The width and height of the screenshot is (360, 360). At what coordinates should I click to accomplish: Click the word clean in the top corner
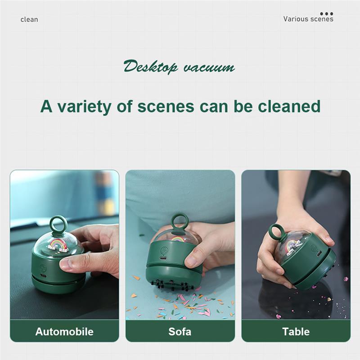coord(29,19)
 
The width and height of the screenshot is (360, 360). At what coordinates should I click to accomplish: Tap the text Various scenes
coord(308,19)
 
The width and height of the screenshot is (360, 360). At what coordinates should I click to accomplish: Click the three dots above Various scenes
coord(327,14)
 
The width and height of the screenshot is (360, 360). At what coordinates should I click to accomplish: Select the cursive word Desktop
coord(150,67)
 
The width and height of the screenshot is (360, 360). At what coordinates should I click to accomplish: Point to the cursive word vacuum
coord(209,67)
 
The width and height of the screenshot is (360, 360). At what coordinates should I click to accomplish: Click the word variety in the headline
coord(84,107)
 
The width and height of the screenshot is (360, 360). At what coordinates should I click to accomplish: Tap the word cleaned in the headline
coord(289,106)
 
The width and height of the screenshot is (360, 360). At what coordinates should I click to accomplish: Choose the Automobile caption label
coord(64,332)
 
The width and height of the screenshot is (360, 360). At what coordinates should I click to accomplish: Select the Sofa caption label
coord(180,332)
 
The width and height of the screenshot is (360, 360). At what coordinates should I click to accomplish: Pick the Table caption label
coord(296,332)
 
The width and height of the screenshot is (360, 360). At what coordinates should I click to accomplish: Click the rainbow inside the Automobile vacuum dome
coord(58,245)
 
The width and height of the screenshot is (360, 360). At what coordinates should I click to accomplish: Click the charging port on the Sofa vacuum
coord(163,258)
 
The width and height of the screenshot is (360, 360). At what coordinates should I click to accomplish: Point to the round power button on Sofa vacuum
coord(164,250)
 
